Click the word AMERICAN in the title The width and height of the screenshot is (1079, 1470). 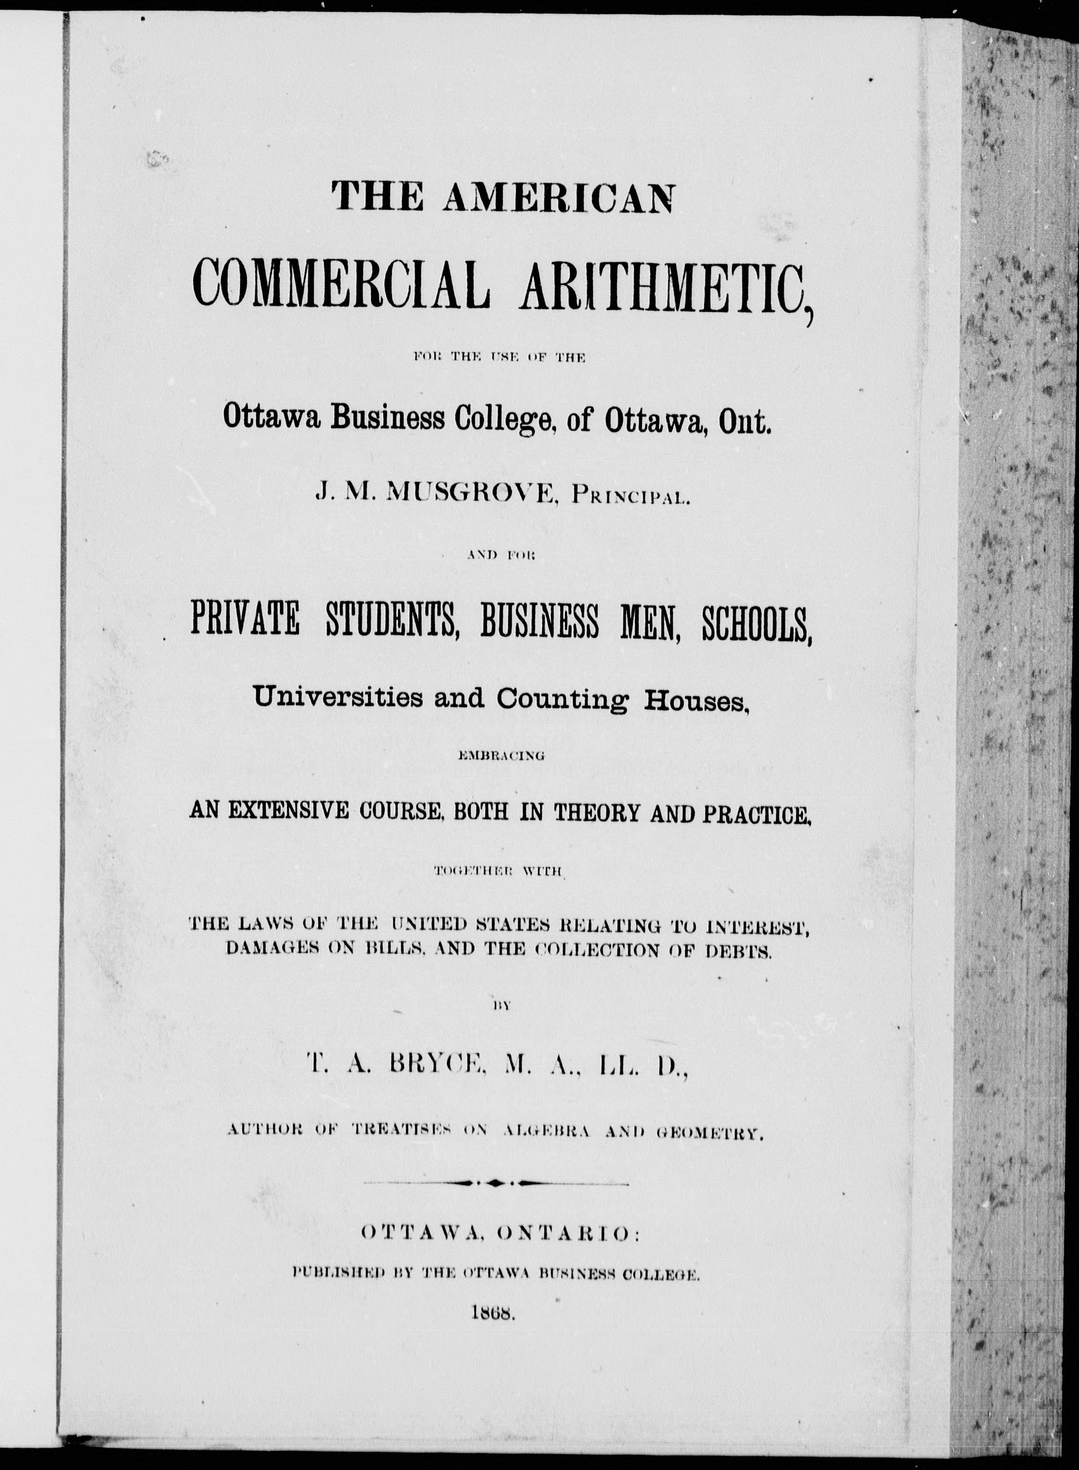(x=558, y=197)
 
